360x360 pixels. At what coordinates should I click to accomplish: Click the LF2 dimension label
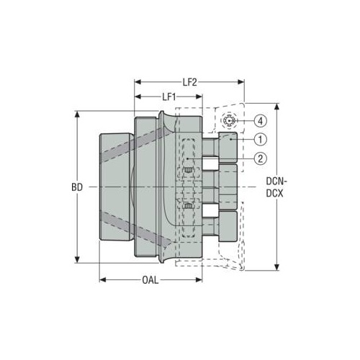(190, 82)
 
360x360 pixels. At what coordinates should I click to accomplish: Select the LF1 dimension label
(169, 97)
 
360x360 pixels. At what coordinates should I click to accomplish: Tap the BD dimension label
(77, 187)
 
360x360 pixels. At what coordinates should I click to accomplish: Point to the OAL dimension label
(150, 280)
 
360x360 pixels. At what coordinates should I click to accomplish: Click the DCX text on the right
(274, 194)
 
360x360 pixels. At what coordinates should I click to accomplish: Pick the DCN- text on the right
(276, 181)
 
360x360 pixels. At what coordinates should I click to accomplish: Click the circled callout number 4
(260, 121)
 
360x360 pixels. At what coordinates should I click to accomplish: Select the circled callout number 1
(260, 139)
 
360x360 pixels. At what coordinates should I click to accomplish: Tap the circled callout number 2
(260, 158)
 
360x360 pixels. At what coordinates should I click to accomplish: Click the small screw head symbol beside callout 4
(229, 121)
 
